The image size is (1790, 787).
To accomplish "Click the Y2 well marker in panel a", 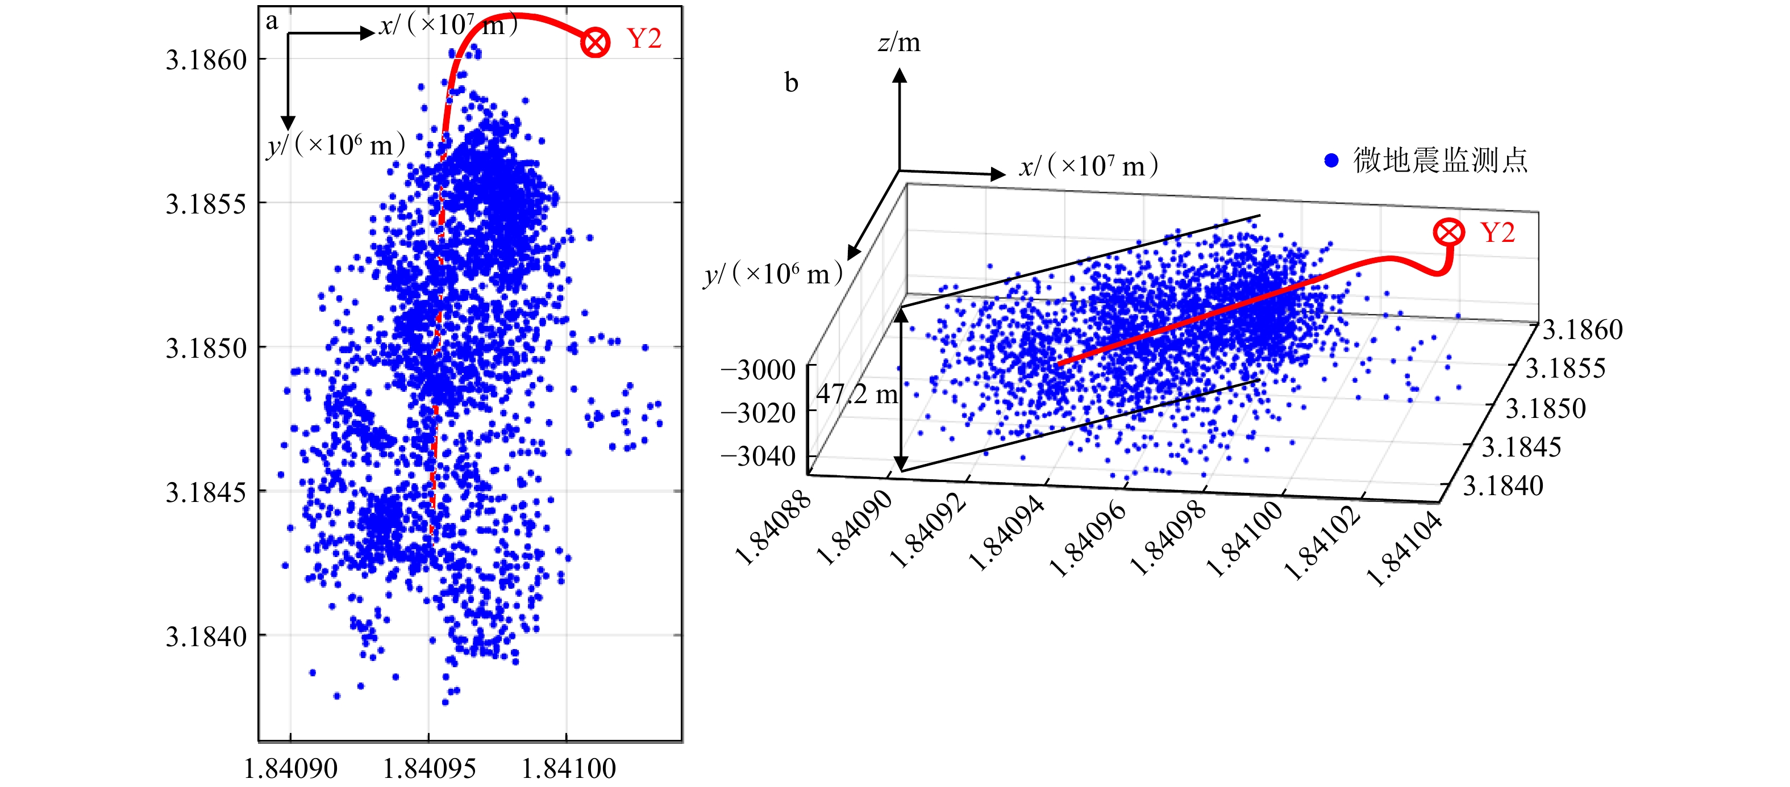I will (x=595, y=43).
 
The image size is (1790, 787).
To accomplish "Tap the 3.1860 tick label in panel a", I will (x=206, y=60).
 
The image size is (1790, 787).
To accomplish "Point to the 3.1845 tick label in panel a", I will (x=206, y=492).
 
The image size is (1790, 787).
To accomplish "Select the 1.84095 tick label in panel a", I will (x=430, y=768).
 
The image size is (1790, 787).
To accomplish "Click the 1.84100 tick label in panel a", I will (x=568, y=768).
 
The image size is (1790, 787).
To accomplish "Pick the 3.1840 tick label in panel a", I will (x=206, y=637).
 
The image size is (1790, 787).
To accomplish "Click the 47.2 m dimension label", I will (x=857, y=395).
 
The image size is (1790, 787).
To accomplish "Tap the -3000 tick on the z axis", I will (x=758, y=370).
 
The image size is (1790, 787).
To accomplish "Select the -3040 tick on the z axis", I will (x=758, y=457).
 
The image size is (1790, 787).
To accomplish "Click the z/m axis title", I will (x=899, y=43).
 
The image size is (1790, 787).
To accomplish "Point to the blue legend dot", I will (x=1331, y=161).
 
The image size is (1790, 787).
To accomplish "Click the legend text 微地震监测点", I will (x=1441, y=161).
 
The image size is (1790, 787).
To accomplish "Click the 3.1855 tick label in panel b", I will (x=1565, y=368).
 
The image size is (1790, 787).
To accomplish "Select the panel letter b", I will (x=792, y=83).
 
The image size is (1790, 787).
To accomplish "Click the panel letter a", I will (x=272, y=22).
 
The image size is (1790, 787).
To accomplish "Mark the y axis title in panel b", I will (x=773, y=274).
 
